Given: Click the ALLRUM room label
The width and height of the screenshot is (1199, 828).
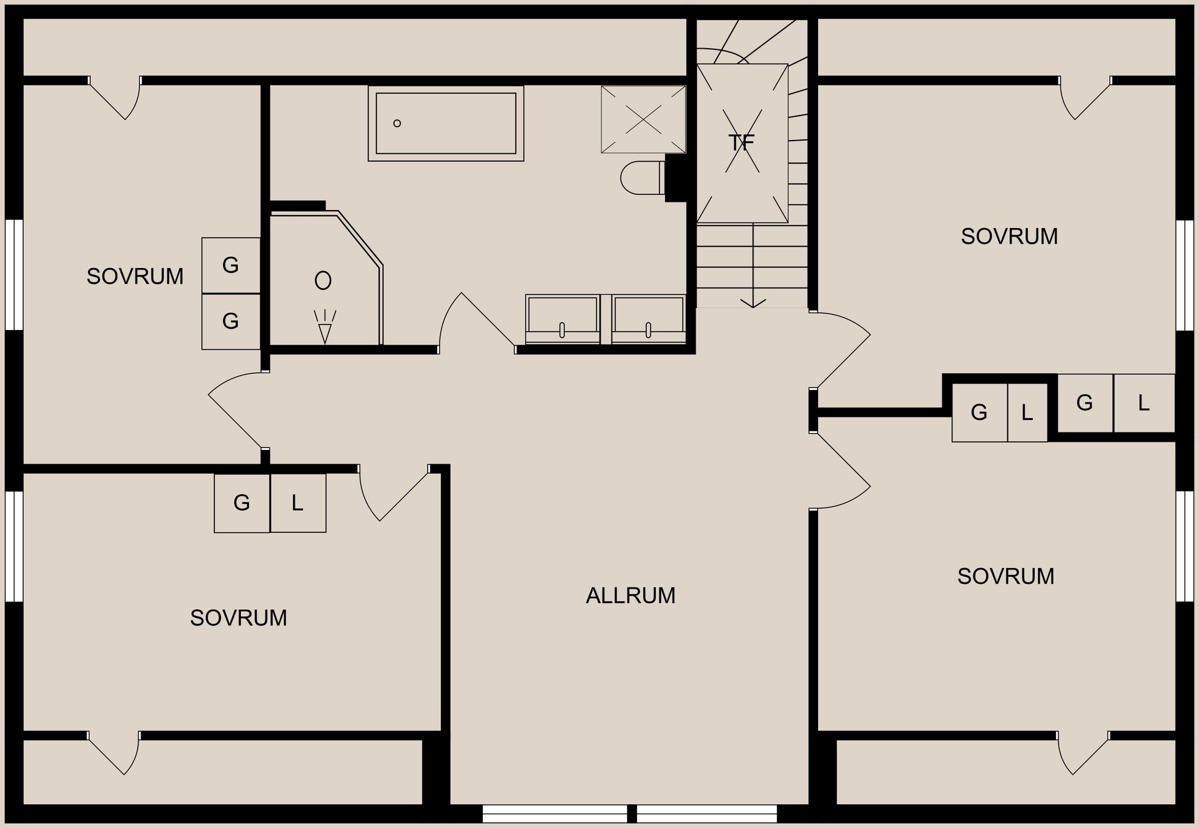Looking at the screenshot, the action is tap(630, 596).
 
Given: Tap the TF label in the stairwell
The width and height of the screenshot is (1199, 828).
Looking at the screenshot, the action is tap(741, 143).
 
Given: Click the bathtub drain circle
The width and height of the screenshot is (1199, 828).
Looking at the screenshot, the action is tap(397, 123).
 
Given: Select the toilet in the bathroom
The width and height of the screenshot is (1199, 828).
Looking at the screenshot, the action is tap(641, 178).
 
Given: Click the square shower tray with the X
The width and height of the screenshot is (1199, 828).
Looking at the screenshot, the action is tap(643, 119).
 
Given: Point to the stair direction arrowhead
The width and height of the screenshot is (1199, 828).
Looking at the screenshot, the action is tap(753, 303).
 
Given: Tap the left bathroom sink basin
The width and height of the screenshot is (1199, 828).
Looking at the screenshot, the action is tap(562, 319).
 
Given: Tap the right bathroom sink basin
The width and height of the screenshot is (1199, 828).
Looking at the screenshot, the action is tap(648, 319).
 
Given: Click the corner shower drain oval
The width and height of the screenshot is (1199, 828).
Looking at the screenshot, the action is tap(323, 281).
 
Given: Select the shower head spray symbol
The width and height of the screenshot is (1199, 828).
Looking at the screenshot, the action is tap(325, 327).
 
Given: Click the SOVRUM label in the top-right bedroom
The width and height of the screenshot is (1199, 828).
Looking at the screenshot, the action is tap(1009, 236).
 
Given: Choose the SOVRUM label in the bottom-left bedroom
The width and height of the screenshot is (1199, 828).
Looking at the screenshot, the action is tap(239, 617).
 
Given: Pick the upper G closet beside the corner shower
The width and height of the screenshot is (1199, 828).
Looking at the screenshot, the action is tap(230, 266).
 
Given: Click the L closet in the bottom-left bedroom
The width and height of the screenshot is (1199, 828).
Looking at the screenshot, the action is tap(298, 503).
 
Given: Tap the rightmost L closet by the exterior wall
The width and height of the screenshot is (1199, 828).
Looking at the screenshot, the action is tap(1144, 403).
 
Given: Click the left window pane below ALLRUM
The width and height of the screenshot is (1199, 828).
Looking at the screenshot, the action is tap(555, 814).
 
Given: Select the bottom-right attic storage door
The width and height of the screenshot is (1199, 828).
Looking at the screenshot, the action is tap(1083, 753).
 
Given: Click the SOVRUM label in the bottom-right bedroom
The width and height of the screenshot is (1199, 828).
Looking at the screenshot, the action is tap(1005, 576).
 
